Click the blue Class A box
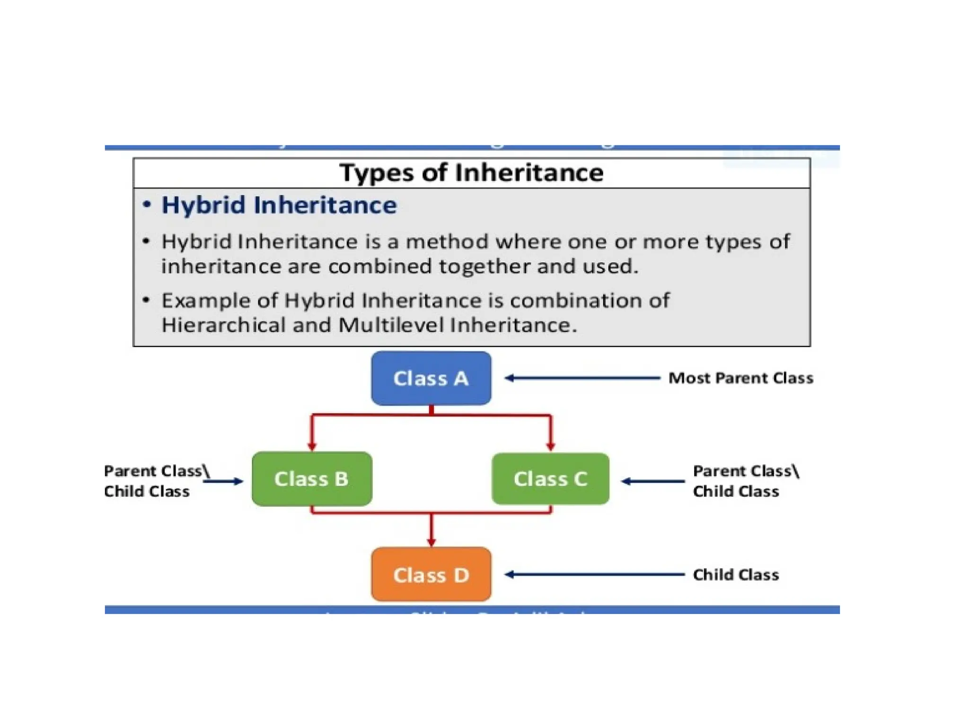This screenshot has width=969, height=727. pos(431,378)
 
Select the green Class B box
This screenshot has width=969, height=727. pos(312,479)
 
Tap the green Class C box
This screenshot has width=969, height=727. pos(550,479)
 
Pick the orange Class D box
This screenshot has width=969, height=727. pos(431,575)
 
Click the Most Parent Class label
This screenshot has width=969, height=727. pos(740,378)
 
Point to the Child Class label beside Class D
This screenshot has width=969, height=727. pos(736,575)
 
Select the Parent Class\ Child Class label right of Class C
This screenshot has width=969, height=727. pos(745,481)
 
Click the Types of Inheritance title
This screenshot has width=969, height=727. pos(471,173)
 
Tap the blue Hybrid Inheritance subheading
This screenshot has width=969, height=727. pos(279,205)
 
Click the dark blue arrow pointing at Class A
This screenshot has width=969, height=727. pos(582,378)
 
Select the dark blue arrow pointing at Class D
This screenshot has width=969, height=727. pos(594,575)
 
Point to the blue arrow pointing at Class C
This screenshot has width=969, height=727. pos(653,481)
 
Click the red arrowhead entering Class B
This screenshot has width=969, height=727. pos(312,446)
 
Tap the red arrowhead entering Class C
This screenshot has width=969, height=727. pos(550,446)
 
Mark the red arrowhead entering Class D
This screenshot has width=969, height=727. pos(431,541)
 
